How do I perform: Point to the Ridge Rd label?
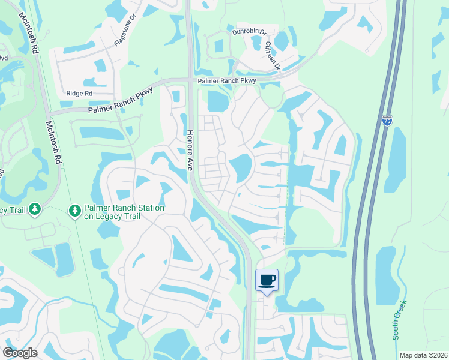[79, 94]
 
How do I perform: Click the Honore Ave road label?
[189, 150]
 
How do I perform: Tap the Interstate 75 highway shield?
[388, 121]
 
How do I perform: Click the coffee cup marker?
[267, 280]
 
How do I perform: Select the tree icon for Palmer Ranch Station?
[75, 211]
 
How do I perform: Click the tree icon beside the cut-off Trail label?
[35, 208]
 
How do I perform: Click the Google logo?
[20, 353]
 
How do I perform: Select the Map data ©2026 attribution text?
[423, 355]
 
